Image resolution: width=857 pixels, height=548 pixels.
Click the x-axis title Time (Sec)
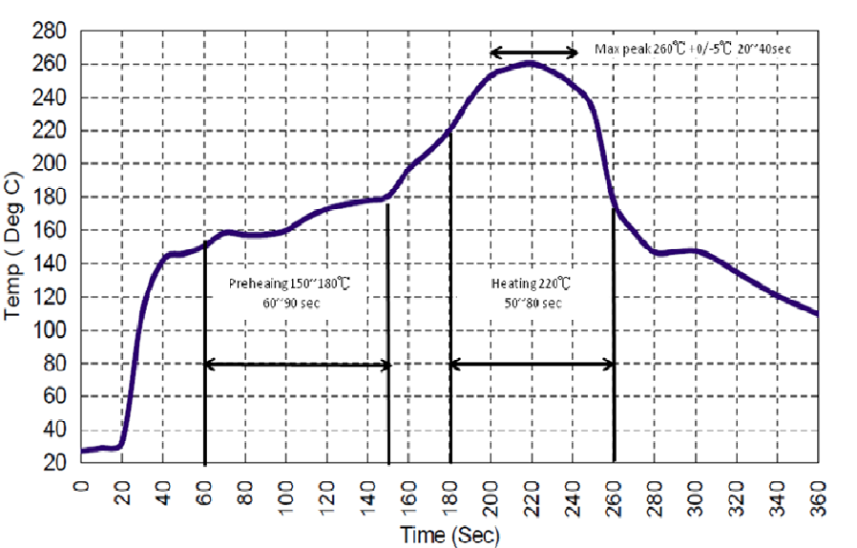tap(449, 536)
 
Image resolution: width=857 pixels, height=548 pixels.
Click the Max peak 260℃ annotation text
tap(693, 48)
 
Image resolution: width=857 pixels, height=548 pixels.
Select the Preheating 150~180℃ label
tap(294, 284)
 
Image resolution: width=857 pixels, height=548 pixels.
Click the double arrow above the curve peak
tap(534, 53)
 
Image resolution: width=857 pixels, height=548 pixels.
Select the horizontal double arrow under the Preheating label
tap(298, 364)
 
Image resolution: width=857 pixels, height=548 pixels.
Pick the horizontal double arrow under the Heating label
tap(532, 364)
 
